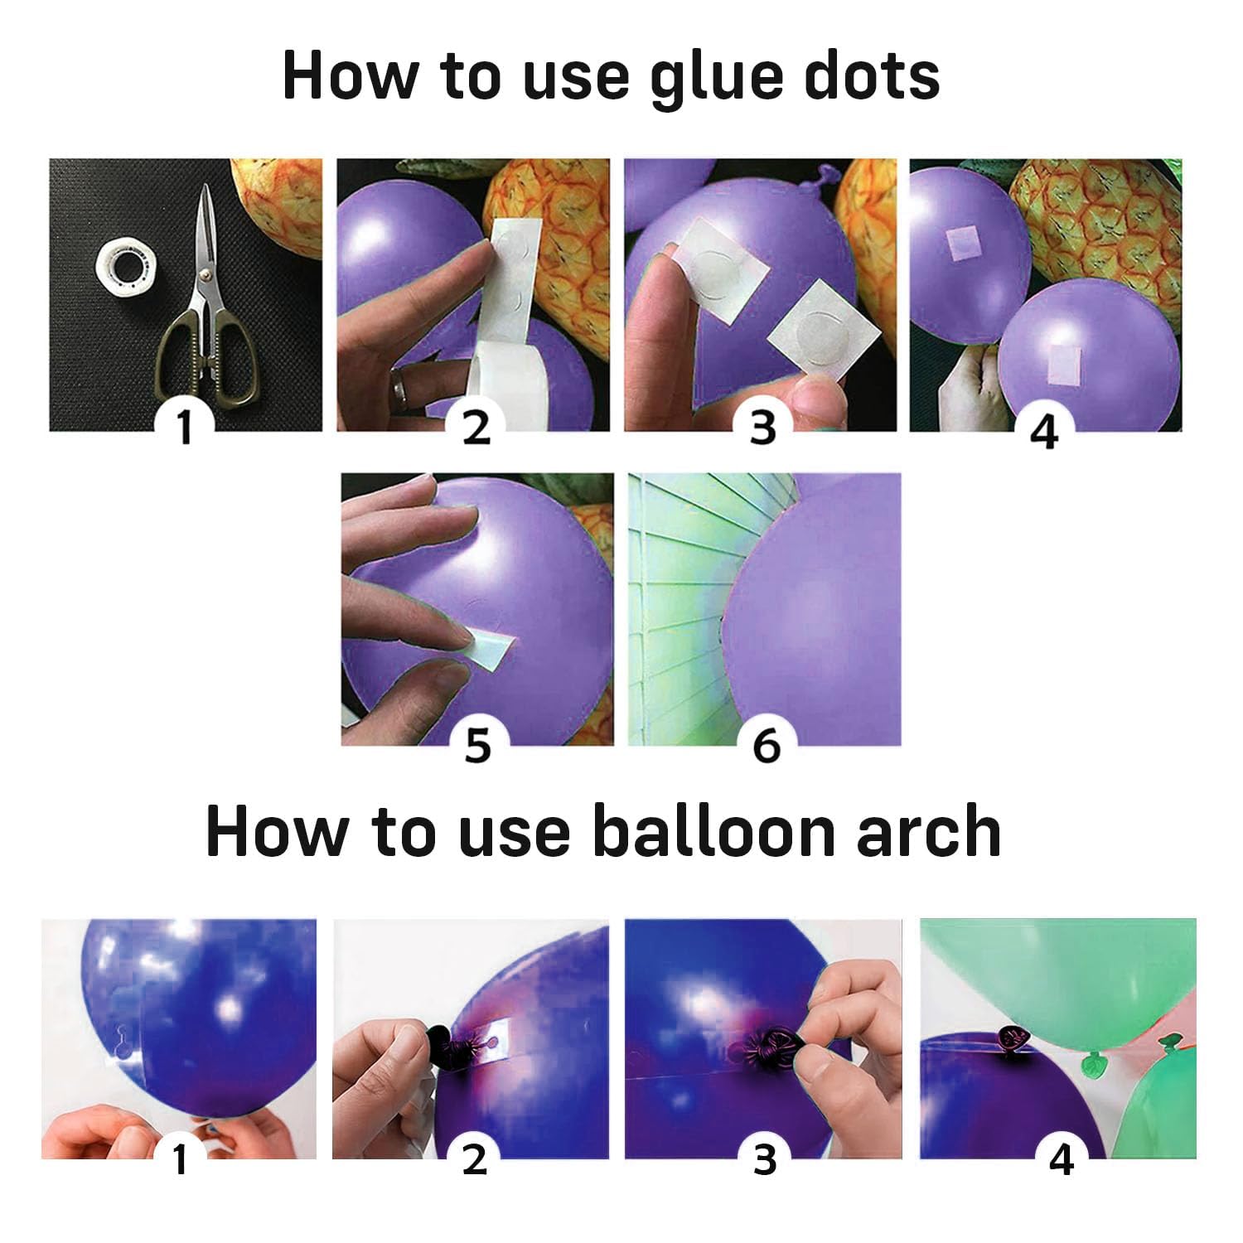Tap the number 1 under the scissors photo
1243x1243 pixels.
click(184, 428)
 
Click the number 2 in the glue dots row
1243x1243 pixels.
click(476, 428)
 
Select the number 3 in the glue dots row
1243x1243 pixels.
click(762, 428)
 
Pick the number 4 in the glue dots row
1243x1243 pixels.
click(1044, 432)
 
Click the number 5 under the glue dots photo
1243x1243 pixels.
click(478, 745)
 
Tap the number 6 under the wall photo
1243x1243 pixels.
click(767, 746)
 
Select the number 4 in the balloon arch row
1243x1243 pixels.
click(1062, 1160)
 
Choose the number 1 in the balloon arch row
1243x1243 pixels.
click(180, 1159)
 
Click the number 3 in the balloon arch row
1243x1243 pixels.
click(765, 1159)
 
